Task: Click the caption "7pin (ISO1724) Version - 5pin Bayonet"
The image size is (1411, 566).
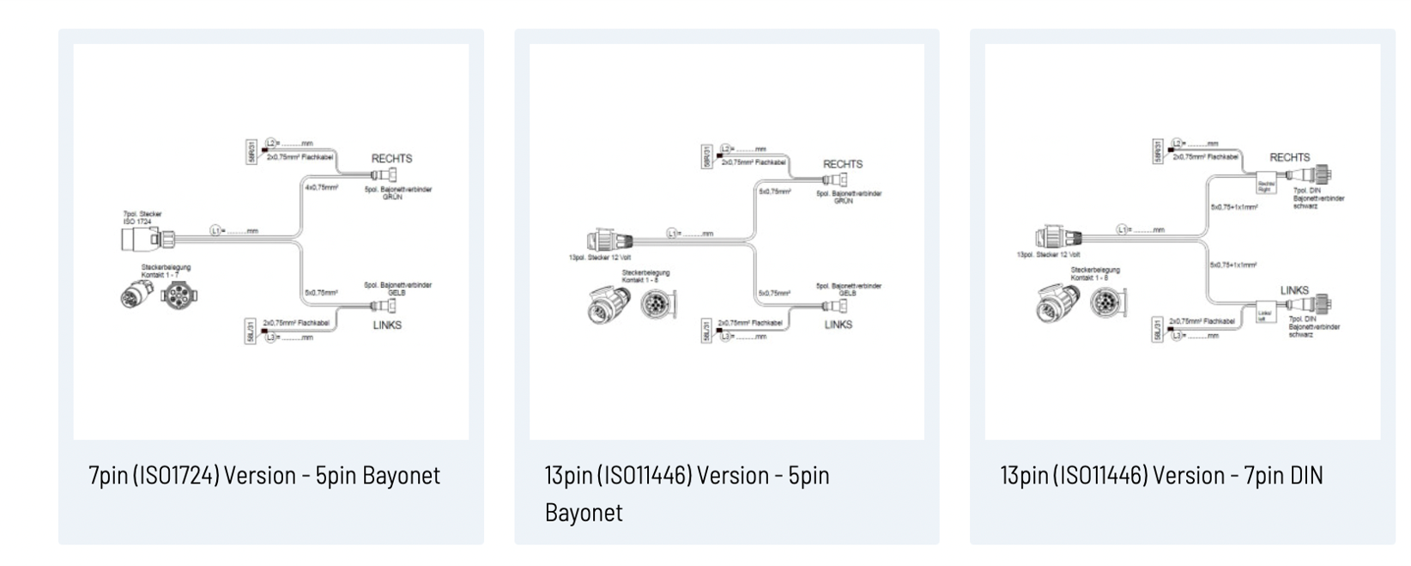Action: pos(264,476)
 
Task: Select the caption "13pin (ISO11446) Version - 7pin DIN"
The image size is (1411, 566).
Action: pos(1161,476)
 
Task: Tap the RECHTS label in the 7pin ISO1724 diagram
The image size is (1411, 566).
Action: pos(391,159)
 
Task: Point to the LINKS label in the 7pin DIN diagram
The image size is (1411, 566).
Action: pos(1294,290)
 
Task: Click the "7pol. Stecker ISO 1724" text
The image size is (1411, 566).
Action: pos(142,218)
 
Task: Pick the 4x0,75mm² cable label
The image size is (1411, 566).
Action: pos(321,186)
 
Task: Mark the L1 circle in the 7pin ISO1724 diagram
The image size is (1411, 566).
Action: pos(215,231)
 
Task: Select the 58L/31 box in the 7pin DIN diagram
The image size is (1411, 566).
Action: pos(1157,330)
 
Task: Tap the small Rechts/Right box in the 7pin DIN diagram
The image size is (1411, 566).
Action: pos(1267,185)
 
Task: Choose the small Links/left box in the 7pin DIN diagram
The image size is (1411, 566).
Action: pos(1264,314)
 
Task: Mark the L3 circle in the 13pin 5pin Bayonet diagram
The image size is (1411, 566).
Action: pos(725,336)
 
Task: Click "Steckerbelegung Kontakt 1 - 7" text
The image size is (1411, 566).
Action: pos(166,271)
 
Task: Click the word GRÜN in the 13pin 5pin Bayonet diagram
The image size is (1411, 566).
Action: pos(843,201)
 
